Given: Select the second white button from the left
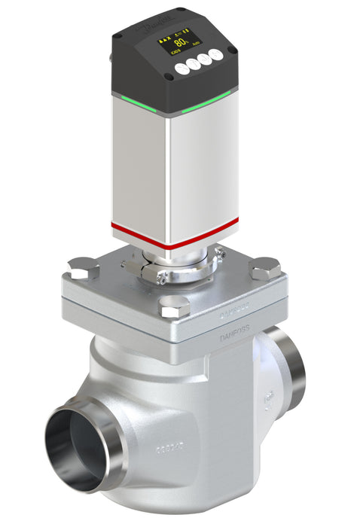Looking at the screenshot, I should tap(194, 65).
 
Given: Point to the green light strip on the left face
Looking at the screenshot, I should tap(136, 104).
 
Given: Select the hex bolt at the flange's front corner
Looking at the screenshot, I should tap(175, 305).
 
